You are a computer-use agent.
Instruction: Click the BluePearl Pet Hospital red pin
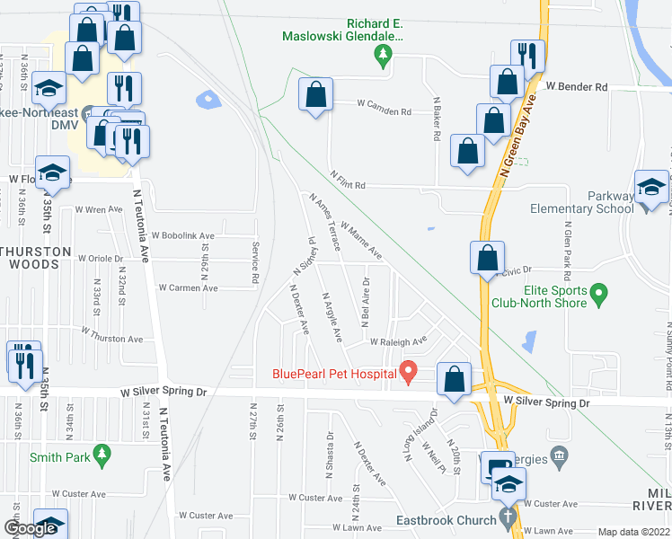(408, 370)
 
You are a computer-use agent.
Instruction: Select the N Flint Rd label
(349, 180)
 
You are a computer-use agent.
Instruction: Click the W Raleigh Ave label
(399, 341)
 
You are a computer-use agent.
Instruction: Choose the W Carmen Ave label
(188, 288)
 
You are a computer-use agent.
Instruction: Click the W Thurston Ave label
(111, 334)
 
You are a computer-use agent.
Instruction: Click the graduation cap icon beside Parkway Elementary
(651, 186)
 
